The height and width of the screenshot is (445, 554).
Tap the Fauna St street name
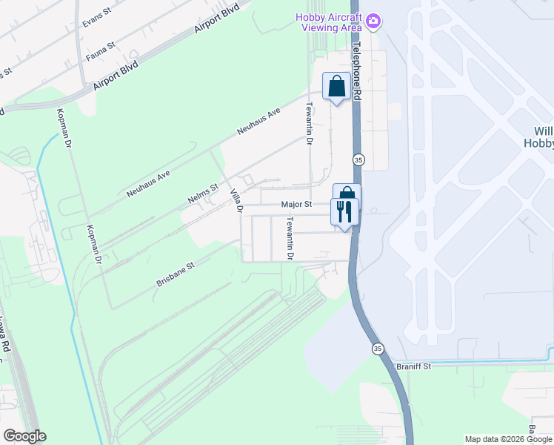tap(100, 50)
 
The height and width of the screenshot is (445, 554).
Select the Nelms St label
tap(201, 194)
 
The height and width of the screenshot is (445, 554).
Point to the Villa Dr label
tap(237, 200)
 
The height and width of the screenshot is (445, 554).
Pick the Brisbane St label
tap(175, 274)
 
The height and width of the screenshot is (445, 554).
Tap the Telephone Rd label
tap(358, 71)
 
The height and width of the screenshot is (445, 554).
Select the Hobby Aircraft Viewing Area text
tap(329, 22)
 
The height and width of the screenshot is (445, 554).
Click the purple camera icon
tap(374, 20)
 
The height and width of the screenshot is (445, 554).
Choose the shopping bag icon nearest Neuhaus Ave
tap(336, 86)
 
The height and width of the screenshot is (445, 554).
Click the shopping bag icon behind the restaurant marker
tap(347, 193)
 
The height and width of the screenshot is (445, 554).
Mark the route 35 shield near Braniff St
tap(378, 349)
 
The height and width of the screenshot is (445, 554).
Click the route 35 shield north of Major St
tap(358, 160)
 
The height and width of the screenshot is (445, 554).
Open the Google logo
tap(24, 436)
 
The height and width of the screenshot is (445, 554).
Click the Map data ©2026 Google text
tap(508, 439)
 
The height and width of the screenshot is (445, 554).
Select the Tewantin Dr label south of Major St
tap(291, 238)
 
